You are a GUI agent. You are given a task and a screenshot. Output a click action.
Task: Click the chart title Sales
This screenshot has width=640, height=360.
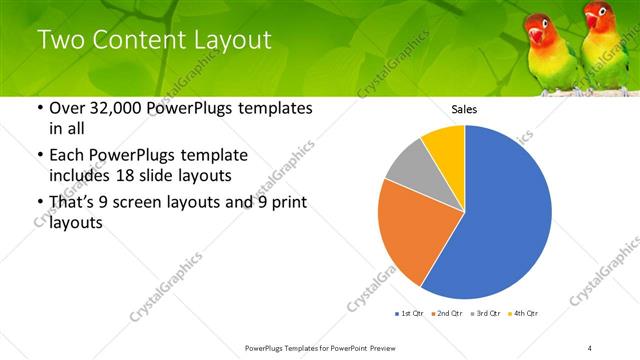(464, 109)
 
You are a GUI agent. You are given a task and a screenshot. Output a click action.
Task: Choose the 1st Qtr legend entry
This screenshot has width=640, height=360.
(409, 314)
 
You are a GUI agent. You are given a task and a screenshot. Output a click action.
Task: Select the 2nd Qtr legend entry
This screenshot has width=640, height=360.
(448, 314)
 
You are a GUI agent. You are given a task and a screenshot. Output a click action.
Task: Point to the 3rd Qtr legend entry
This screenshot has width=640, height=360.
(487, 314)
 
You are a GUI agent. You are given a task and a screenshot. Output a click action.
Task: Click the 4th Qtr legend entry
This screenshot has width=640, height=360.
(525, 314)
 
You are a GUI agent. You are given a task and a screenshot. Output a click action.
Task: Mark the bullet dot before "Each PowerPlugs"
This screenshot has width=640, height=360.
(39, 156)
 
